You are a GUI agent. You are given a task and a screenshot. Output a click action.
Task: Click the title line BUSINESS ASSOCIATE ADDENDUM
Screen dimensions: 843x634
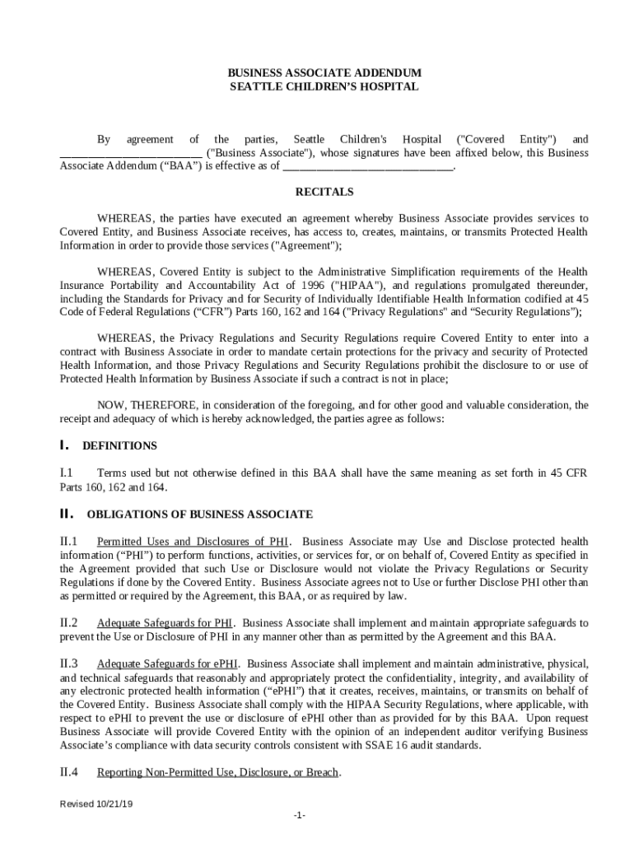coord(324,73)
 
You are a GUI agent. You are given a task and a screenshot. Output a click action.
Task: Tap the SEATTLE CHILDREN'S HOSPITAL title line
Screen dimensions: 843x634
coord(324,86)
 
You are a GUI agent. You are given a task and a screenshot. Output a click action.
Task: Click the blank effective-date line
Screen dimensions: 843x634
coord(368,167)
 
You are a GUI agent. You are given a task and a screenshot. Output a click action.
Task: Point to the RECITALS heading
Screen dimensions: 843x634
coord(324,193)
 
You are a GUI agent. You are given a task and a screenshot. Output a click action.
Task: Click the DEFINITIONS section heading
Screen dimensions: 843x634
coord(119,446)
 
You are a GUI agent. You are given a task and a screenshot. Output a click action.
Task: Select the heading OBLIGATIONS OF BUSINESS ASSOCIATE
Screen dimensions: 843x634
coord(200,515)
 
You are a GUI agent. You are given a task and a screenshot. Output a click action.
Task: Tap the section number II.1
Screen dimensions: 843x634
coord(68,542)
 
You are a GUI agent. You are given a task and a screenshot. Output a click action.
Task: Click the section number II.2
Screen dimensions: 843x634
coord(68,623)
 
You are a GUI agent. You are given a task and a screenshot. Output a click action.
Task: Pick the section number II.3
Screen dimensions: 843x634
coord(68,664)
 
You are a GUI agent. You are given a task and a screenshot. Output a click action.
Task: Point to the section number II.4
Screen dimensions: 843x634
coord(68,773)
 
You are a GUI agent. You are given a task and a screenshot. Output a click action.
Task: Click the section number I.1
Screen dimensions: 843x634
coord(67,473)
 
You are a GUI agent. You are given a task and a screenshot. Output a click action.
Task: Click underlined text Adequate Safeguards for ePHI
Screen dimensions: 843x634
coord(169,664)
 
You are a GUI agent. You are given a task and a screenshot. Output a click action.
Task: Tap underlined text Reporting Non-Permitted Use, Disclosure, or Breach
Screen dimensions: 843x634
coord(218,773)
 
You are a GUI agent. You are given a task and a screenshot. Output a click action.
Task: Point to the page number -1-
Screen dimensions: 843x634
coord(299,816)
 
